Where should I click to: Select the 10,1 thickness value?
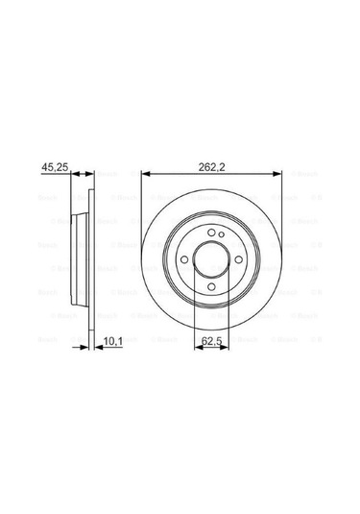[114, 338]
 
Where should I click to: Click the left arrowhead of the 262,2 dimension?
[145, 173]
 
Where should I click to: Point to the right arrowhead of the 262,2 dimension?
[278, 173]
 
